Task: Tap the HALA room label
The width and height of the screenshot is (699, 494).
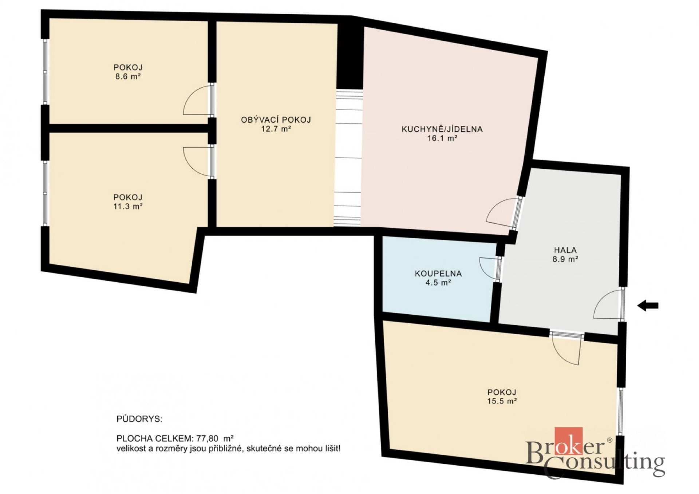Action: (x=565, y=250)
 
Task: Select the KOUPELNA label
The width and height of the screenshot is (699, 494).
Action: (x=438, y=273)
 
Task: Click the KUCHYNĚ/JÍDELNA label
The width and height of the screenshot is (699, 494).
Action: (x=442, y=129)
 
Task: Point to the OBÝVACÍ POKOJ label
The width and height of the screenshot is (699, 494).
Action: (x=276, y=120)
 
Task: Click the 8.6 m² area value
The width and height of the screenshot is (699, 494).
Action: (x=128, y=76)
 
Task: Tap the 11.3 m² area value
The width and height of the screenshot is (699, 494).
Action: (x=128, y=206)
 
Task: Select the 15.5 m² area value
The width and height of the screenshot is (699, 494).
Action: (x=502, y=401)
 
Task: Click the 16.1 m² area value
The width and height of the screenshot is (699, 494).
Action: (x=442, y=138)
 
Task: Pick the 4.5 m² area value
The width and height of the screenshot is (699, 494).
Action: (x=438, y=283)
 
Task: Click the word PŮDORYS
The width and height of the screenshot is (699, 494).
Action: (x=139, y=419)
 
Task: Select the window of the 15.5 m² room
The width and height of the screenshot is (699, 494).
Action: (x=620, y=411)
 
